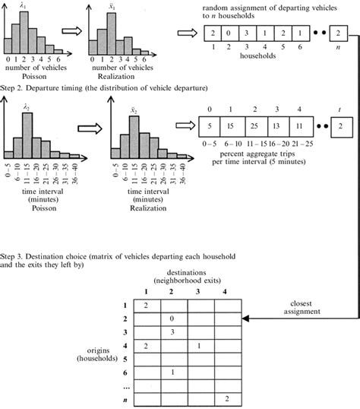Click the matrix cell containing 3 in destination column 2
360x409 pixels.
[173, 333]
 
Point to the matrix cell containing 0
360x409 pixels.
[173, 319]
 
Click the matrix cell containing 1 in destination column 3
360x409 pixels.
[199, 347]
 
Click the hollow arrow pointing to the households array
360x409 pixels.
[185, 33]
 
